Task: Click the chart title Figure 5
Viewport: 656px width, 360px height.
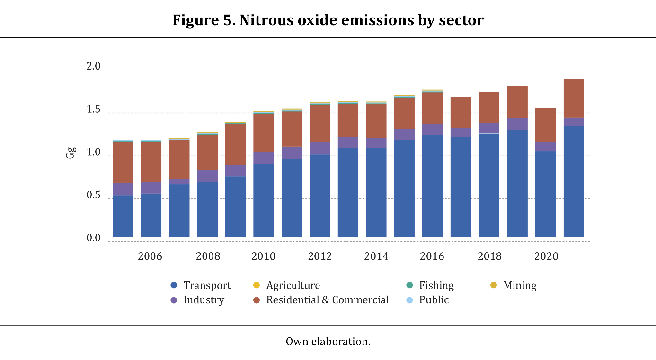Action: coord(328,21)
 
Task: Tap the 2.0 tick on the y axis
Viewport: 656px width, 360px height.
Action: coord(94,67)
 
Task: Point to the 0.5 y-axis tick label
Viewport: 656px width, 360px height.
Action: coord(94,195)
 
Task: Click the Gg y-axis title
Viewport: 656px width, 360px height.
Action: coord(71,153)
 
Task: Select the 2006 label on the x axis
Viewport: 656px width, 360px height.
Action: coord(150,256)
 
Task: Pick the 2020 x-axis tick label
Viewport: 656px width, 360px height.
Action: coord(546,256)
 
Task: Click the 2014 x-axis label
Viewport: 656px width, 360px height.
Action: coord(376,256)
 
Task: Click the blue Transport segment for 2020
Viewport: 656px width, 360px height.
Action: coord(546,194)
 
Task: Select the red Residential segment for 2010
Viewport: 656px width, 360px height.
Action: coord(264,133)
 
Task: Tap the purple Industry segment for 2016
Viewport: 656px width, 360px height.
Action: coord(432,130)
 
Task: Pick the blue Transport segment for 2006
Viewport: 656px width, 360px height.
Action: coord(151,215)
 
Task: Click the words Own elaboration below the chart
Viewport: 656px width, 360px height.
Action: coord(328,342)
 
